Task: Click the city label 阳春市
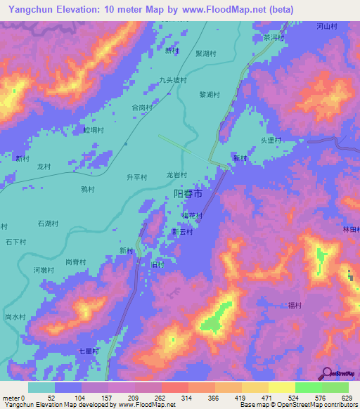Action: tap(188, 193)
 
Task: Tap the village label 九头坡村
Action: tap(173, 80)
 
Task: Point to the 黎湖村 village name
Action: tap(210, 94)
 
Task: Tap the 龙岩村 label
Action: tap(177, 174)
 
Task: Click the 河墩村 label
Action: tap(44, 270)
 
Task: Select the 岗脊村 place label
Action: tap(75, 261)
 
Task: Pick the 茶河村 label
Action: tap(273, 37)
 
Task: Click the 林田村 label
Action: tap(351, 230)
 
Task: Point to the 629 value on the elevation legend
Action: tap(345, 398)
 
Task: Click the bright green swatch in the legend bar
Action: tap(309, 387)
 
